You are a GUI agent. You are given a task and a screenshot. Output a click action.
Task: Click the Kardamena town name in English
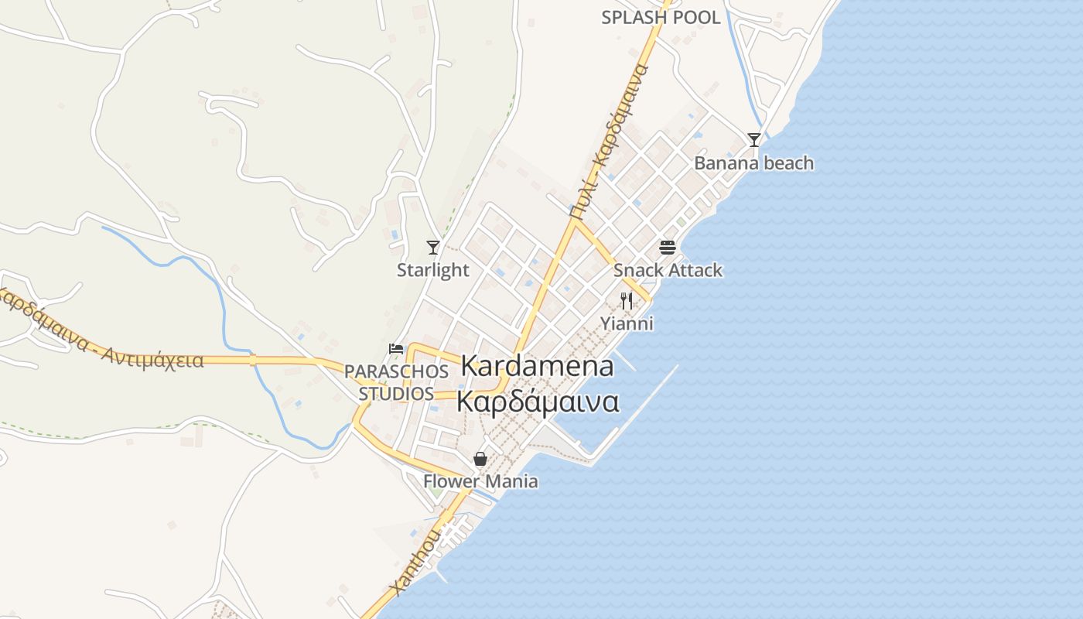point(538,366)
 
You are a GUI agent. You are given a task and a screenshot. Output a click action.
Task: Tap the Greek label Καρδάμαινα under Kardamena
point(538,402)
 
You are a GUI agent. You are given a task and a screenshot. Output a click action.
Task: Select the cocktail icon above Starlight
point(433,248)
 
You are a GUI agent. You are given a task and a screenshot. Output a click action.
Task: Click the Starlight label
point(433,270)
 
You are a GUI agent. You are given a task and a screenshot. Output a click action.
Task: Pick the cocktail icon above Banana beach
point(754,140)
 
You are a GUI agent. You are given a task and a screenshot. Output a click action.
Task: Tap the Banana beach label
point(754,163)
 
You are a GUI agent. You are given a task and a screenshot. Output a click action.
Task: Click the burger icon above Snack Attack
point(668,248)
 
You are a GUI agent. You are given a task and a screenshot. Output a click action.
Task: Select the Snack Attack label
point(668,270)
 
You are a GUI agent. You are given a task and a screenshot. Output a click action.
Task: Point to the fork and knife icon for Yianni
point(627,301)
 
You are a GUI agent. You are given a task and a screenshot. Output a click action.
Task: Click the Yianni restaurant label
point(627,323)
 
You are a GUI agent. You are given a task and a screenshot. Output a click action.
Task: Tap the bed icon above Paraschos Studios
point(396,348)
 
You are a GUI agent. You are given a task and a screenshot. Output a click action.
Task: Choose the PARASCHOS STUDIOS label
point(396,382)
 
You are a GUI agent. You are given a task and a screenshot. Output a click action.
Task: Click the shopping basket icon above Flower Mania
point(480,459)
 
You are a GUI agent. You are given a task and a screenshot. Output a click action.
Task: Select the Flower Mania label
point(480,481)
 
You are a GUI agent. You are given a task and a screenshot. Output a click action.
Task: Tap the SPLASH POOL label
point(661,18)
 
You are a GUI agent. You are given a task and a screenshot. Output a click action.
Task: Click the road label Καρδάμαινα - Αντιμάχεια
point(101,333)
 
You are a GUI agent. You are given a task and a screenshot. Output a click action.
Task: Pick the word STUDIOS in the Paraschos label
point(396,393)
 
